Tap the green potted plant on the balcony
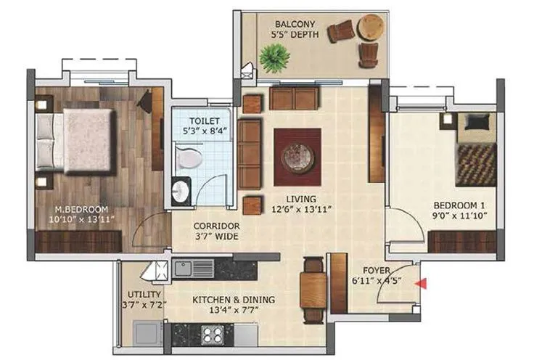pos(274,58)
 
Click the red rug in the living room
pos(297,156)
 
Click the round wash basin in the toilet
pos(180,191)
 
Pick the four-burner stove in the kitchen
pos(213,335)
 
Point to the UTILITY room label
pos(139,296)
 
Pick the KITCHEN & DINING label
pos(226,299)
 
